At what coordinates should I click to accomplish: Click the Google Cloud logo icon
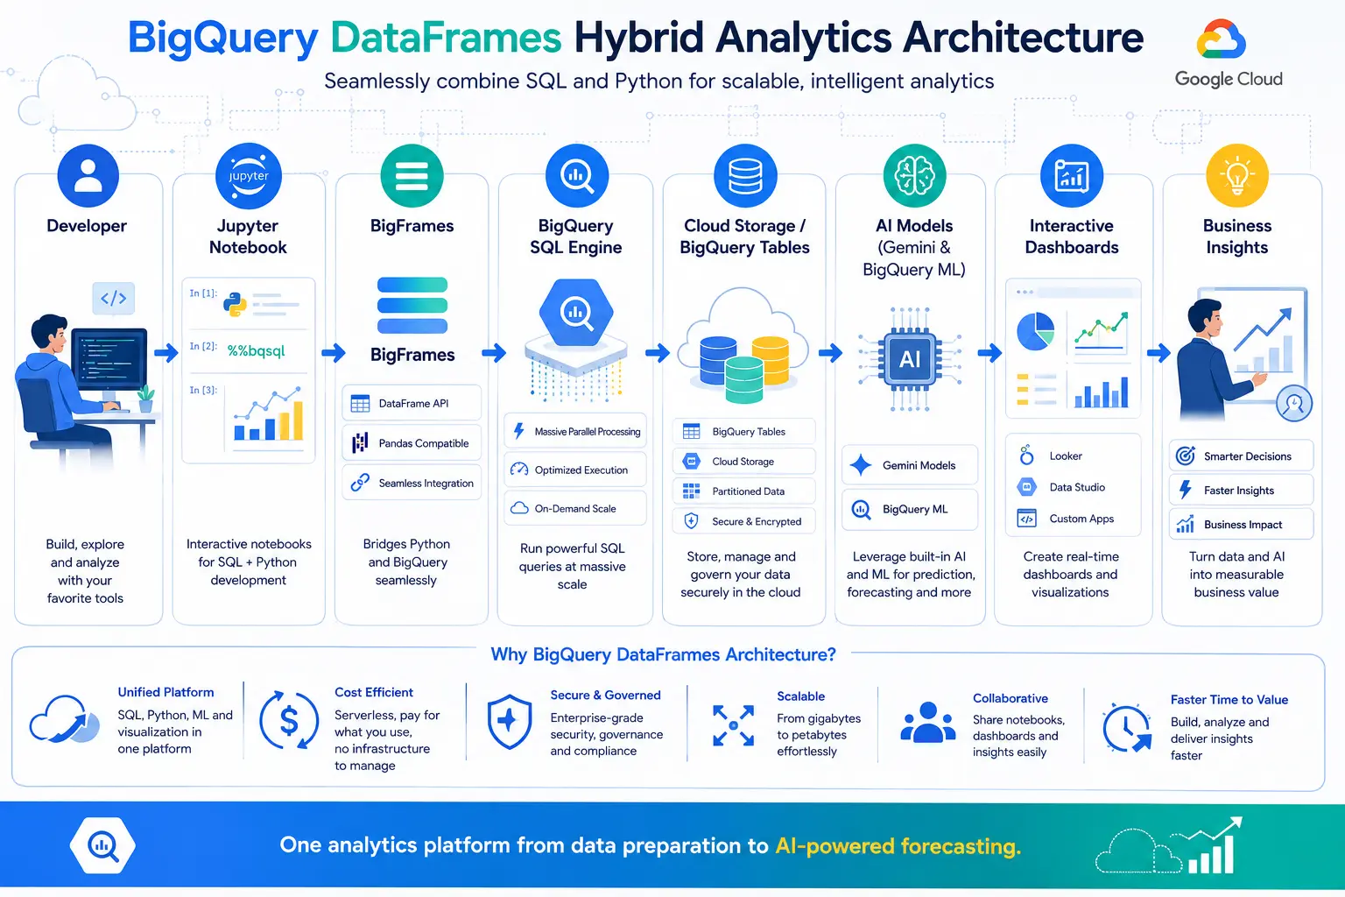coord(1221,39)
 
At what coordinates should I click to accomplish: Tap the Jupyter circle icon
coord(248,176)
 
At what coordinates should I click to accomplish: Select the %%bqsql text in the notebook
coord(256,351)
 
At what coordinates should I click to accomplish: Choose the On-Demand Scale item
coord(574,508)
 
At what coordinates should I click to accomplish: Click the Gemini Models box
coord(909,465)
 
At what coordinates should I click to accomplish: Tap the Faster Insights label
coord(1238,491)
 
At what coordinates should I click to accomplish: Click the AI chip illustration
coord(910,359)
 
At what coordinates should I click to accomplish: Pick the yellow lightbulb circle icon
coord(1237,175)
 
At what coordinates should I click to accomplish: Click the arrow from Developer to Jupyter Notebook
coord(166,353)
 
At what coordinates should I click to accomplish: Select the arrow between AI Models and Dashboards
coord(989,353)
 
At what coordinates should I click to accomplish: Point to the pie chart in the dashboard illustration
coord(1035,331)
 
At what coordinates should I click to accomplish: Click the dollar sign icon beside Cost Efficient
coord(289,720)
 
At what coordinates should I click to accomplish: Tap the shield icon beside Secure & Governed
coord(509,722)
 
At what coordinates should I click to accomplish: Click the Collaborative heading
coord(1010,698)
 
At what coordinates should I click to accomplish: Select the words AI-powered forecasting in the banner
coord(898,846)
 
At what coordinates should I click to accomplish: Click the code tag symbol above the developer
coord(114,298)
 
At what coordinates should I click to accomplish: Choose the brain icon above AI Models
coord(914,175)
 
